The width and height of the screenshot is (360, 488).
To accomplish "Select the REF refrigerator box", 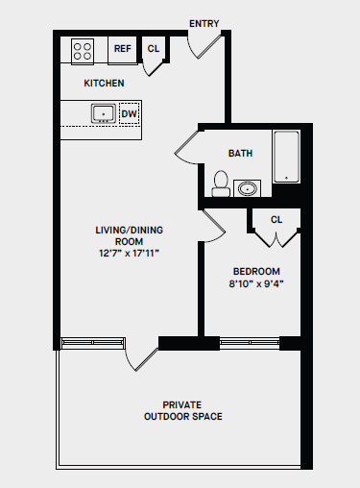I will click(x=123, y=49).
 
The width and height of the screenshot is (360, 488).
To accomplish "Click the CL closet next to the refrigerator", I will click(x=154, y=49).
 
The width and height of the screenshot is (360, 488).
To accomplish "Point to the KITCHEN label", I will click(x=104, y=84).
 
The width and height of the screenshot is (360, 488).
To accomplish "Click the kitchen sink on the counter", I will click(x=103, y=113).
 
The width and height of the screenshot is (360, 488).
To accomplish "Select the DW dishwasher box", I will click(x=129, y=113).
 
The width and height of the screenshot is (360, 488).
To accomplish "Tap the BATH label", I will click(x=240, y=154).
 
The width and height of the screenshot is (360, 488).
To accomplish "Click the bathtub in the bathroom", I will click(x=286, y=158).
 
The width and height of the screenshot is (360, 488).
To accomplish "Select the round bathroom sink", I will click(x=249, y=187).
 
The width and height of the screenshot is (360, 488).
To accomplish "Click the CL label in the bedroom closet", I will click(x=276, y=220).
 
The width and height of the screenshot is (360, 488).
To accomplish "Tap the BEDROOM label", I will click(x=256, y=271).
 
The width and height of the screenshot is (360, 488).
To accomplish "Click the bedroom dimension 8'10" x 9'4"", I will click(x=256, y=283).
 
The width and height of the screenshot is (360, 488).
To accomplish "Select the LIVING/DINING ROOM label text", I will click(x=126, y=235).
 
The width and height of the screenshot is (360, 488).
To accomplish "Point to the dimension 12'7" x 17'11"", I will click(x=126, y=254).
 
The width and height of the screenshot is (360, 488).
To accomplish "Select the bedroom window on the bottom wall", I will click(x=250, y=341).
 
